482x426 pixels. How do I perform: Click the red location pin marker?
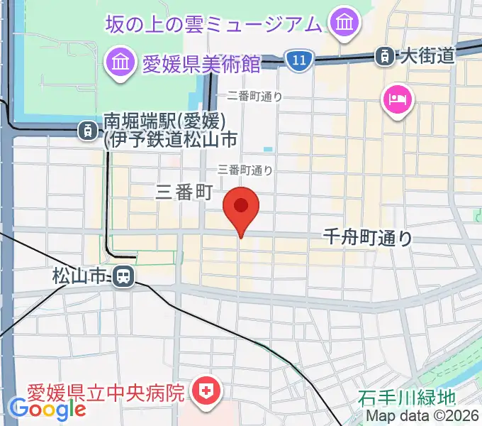click(x=241, y=207)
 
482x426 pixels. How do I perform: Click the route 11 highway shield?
click(x=299, y=61)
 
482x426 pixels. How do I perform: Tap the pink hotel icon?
click(x=395, y=97)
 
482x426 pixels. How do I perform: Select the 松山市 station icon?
click(x=123, y=275)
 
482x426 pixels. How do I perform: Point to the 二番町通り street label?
click(x=254, y=97)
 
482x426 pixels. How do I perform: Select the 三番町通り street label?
click(x=245, y=170)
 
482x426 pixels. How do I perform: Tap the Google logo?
click(x=48, y=408)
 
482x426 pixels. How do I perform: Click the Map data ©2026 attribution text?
click(x=422, y=417)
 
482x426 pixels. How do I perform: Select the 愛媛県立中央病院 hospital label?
click(x=106, y=391)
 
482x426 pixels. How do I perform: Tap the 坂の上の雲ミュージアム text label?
click(x=213, y=24)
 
